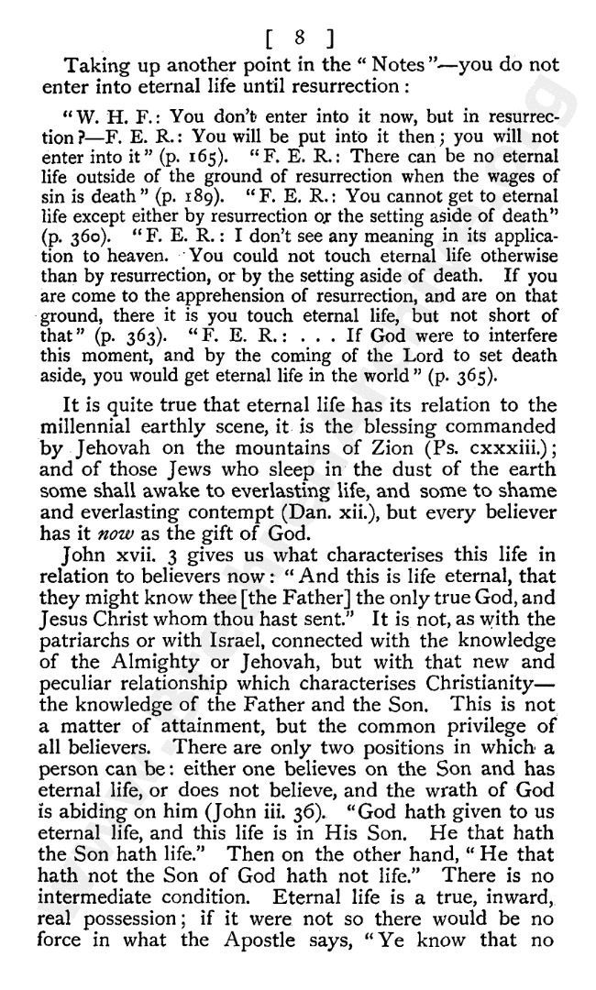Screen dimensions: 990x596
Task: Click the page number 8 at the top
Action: point(298,39)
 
